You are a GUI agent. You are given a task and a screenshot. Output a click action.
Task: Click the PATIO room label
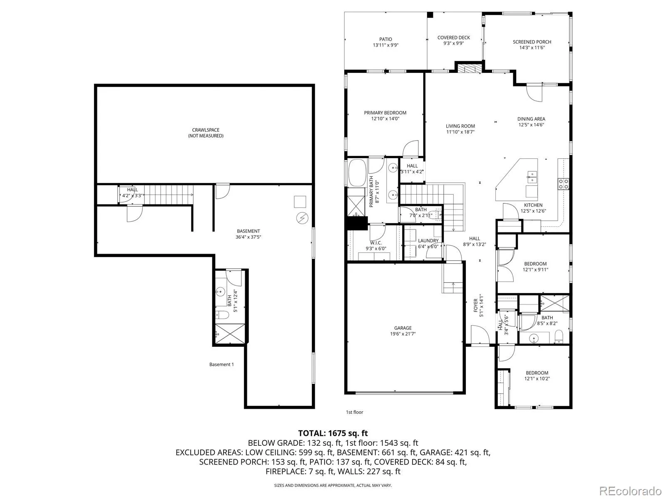pos(385,39)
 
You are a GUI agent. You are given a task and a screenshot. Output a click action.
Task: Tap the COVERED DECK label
pos(454,37)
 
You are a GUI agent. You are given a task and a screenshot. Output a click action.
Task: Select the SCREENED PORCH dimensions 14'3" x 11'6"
pos(532,47)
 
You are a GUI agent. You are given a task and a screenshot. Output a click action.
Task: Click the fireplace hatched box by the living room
pos(470,68)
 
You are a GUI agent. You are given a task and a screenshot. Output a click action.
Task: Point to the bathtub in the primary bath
pos(358,173)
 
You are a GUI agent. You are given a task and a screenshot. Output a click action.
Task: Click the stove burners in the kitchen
pos(564,184)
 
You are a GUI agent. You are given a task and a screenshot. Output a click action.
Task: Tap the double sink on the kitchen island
pos(532,177)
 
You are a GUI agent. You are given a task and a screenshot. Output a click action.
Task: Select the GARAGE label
pos(403,328)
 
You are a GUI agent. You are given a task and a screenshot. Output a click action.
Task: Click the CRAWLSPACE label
pos(205,130)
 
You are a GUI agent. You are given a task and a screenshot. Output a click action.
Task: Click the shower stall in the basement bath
pos(230,334)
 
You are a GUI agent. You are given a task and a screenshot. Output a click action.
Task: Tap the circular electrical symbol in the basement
pos(302,218)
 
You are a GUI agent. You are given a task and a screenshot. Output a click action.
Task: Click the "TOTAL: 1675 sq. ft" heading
pos(333,433)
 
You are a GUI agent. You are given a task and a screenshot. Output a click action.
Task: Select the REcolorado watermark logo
pos(630,491)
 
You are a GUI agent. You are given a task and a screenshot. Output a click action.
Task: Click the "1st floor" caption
pos(354,412)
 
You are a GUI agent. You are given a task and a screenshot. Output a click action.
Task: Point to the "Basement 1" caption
pos(221,365)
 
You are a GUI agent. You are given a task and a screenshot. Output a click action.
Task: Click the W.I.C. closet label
pos(375,243)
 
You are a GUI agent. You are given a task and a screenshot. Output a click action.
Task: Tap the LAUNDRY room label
pos(428,241)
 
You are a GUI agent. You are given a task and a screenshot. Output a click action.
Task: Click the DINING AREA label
pos(531,119)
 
